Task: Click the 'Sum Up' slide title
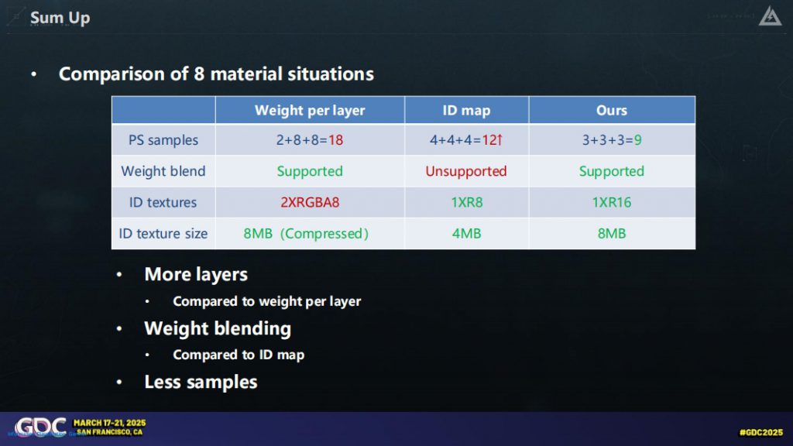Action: pos(60,18)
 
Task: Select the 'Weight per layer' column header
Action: pos(310,110)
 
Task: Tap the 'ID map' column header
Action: pos(466,110)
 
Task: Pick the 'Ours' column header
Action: pos(612,110)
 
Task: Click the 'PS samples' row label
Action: pos(163,140)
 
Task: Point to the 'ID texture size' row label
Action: pos(163,234)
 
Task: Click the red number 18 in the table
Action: pos(336,140)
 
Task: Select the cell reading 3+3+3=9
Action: pos(612,140)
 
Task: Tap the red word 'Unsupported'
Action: pos(465,171)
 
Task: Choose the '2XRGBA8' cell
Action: pos(310,202)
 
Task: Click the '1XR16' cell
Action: pos(612,202)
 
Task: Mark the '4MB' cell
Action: pos(466,234)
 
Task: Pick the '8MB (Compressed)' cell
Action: pos(306,234)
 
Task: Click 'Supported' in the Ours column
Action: pos(612,171)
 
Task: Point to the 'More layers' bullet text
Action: pos(196,275)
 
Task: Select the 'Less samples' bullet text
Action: pos(201,383)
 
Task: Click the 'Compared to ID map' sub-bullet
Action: pos(239,355)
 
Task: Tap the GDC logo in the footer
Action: pos(40,427)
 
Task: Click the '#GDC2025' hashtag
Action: pos(761,432)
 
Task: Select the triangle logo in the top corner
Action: pos(770,16)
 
